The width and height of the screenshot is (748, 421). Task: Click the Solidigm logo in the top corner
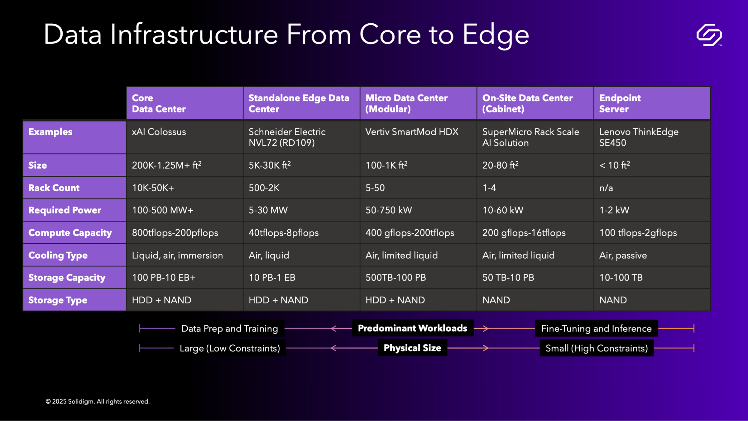point(709,35)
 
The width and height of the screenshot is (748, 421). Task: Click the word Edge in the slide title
point(496,35)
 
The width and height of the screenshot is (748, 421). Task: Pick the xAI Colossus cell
point(159,132)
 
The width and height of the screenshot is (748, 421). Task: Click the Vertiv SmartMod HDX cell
point(412,132)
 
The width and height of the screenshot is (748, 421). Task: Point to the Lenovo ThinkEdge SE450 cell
point(639,137)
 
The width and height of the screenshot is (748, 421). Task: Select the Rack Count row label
point(54,188)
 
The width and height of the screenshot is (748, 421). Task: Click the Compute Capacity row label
point(70,233)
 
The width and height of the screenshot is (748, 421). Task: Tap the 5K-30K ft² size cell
point(270,165)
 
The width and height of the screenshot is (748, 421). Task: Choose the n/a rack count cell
point(606,188)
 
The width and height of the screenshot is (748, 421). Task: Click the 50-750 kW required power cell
point(389,210)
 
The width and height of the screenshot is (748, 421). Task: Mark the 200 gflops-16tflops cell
point(524,233)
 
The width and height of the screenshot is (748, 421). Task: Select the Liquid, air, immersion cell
point(177,255)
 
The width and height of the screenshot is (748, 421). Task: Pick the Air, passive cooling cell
point(623,255)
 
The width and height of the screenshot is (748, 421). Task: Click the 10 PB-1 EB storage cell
point(272,278)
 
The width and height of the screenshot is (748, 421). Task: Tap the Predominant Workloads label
point(412,328)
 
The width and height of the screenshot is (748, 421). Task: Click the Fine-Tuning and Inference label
point(596,328)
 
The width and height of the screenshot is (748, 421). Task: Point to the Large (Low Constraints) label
point(230,348)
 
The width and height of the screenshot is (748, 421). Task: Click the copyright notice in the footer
point(98,401)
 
